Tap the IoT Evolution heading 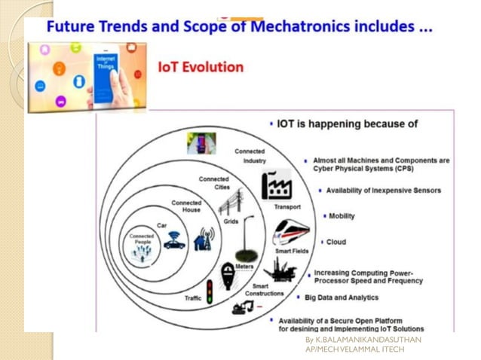pos(201,67)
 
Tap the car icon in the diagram pos(175,240)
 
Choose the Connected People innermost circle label pos(141,239)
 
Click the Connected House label pos(186,206)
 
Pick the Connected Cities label pos(215,183)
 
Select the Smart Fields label pos(290,251)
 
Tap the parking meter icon pos(227,275)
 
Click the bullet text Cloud pos(336,242)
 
